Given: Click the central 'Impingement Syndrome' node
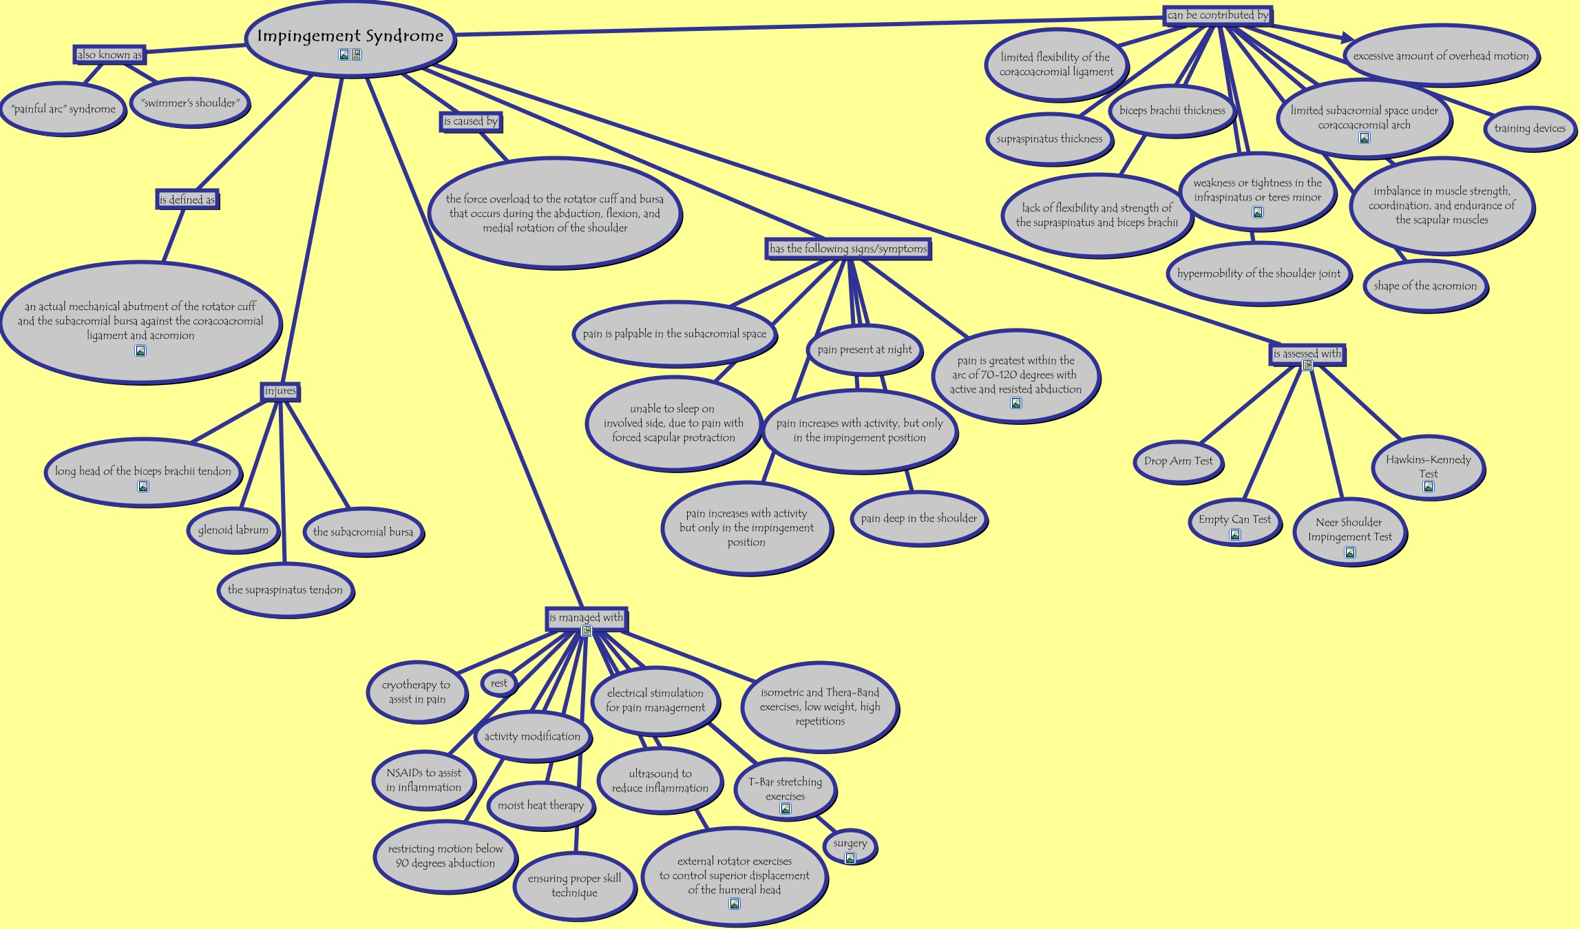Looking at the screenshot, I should [350, 36].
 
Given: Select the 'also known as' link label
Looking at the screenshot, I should [109, 55].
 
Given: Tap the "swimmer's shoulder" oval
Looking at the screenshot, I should [190, 103].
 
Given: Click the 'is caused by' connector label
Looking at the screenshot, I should [471, 122].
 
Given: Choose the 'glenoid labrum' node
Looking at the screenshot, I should [233, 530].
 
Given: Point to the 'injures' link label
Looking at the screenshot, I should [280, 391].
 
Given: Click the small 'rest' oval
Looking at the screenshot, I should [498, 683].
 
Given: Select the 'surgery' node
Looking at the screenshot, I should [850, 844].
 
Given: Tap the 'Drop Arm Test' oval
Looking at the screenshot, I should [1178, 461].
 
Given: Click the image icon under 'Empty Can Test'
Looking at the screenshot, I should [1235, 534].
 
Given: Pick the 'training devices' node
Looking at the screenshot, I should [1530, 128].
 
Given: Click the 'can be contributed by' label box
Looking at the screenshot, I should [1217, 15].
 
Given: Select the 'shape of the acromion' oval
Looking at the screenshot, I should [1425, 286].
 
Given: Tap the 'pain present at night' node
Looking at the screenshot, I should [864, 350].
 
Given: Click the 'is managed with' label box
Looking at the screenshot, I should [586, 618].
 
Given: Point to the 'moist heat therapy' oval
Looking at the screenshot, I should [540, 806].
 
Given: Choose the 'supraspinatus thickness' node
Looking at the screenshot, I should [1049, 139].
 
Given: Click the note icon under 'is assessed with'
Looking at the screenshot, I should [1307, 366].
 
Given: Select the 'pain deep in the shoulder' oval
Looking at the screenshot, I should [918, 519].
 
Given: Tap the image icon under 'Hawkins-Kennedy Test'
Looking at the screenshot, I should [1429, 487].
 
